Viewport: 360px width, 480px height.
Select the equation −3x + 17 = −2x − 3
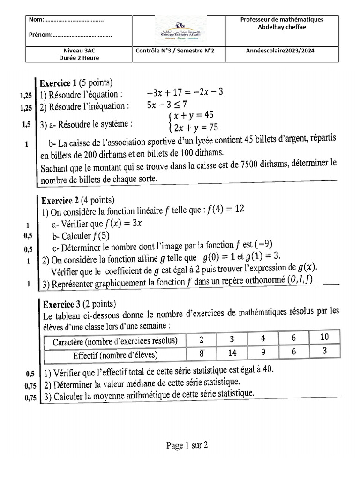[185, 92]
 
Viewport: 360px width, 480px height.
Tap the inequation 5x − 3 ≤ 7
[167, 105]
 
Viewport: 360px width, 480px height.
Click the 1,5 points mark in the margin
[25, 125]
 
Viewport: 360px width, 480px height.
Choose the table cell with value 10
[324, 337]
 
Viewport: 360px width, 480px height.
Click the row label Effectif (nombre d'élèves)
[115, 354]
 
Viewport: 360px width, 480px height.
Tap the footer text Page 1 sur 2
[187, 445]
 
